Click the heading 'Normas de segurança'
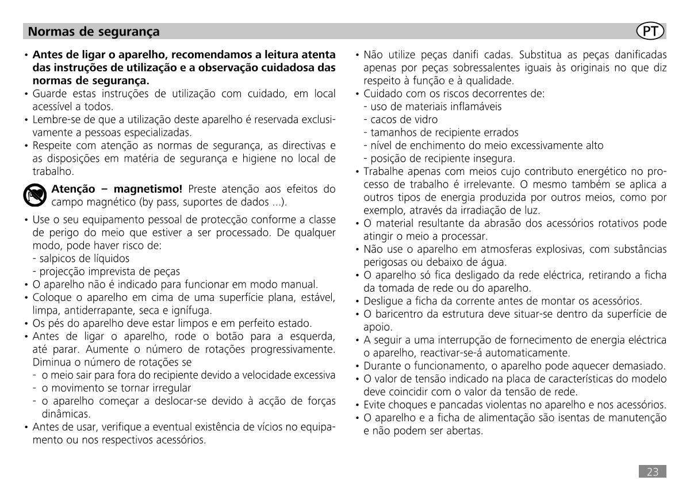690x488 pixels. [94, 31]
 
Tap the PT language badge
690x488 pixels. [651, 31]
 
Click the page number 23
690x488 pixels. [653, 472]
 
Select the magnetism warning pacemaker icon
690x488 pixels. [35, 196]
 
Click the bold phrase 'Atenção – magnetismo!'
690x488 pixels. [117, 189]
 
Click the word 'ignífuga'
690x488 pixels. [194, 310]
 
